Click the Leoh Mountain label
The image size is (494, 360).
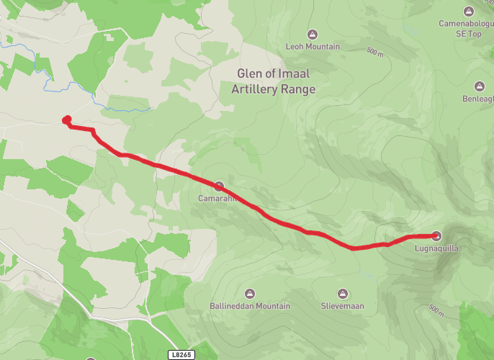click(313, 47)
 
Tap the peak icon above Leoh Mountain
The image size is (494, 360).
click(313, 34)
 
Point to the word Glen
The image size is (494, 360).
click(251, 73)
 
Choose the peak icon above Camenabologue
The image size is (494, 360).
click(469, 11)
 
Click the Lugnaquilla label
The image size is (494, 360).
click(437, 248)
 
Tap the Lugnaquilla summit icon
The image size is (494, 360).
click(437, 235)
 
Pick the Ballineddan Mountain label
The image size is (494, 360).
click(250, 306)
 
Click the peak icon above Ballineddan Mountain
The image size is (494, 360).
click(250, 293)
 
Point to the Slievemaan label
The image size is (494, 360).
click(342, 306)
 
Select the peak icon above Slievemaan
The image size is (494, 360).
click(342, 293)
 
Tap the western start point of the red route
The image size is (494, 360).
click(66, 120)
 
